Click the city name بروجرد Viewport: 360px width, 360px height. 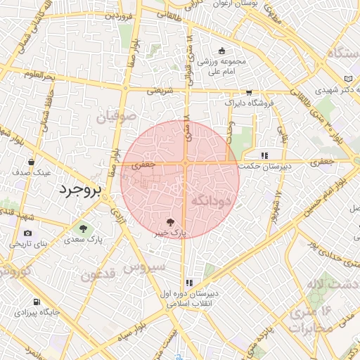click(79, 190)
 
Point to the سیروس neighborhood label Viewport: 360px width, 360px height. click(144, 266)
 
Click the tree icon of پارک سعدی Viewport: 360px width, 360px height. click(84, 229)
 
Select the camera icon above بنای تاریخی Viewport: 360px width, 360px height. click(27, 233)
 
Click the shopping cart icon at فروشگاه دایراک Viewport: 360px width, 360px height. click(248, 92)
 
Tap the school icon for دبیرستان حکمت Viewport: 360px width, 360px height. click(264, 155)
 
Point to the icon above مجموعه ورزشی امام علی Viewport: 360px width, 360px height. click(222, 51)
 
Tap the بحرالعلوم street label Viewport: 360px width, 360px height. click(38, 75)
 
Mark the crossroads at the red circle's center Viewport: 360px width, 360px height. click(184, 163)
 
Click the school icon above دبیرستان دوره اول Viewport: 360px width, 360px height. click(188, 282)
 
